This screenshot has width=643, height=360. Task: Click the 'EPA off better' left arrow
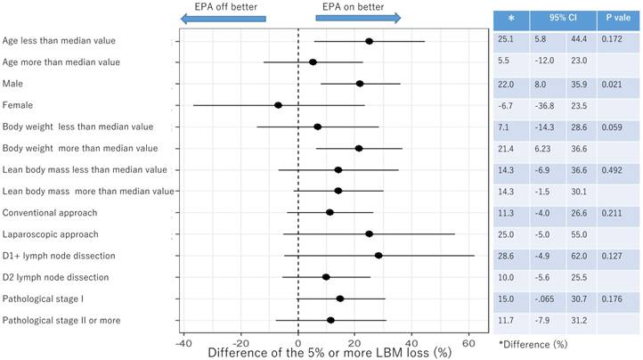coord(223,17)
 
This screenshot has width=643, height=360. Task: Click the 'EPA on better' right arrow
coord(357,17)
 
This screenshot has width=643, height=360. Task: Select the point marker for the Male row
coord(360,84)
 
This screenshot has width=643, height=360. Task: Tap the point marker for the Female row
coord(278,105)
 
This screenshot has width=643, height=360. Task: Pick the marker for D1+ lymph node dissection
coord(378,256)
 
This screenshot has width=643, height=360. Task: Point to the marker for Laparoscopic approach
coord(369,234)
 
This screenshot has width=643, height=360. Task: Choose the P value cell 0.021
coord(611,84)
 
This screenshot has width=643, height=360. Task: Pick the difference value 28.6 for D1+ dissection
coord(507,256)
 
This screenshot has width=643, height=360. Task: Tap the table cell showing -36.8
coord(544,105)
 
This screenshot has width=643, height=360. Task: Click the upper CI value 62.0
coord(581,256)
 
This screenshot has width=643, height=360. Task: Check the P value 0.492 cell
coord(611,170)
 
